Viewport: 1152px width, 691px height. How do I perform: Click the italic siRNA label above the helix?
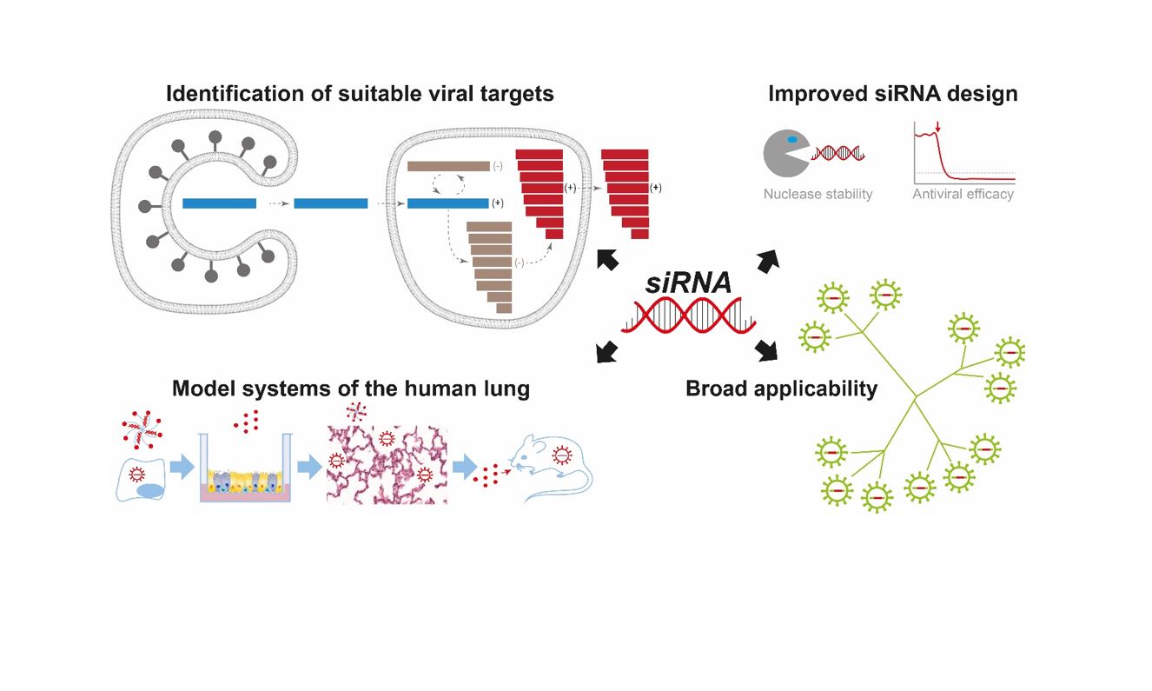tap(688, 282)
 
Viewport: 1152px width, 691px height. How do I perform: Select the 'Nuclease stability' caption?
tap(818, 194)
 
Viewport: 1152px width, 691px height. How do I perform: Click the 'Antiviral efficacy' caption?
tap(963, 194)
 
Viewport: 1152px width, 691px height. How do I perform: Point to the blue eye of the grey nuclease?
tap(792, 139)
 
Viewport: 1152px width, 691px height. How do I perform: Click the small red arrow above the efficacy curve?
tap(937, 127)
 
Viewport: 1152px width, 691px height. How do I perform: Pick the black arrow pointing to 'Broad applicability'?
tap(766, 350)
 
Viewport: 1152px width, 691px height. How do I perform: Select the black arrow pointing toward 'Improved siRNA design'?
tap(768, 261)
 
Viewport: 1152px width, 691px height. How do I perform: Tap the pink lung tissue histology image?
tap(387, 464)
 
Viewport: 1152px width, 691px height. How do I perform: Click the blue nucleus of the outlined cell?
tap(149, 491)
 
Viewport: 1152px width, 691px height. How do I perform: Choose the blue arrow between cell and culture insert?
tap(182, 468)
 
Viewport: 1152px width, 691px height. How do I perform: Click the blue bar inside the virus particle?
tap(219, 203)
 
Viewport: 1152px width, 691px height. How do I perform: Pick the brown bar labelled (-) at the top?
tap(448, 166)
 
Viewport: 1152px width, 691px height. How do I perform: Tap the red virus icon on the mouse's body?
tap(562, 455)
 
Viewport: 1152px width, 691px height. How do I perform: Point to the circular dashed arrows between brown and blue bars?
tap(448, 184)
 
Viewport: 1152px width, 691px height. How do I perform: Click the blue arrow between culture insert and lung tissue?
tap(309, 468)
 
